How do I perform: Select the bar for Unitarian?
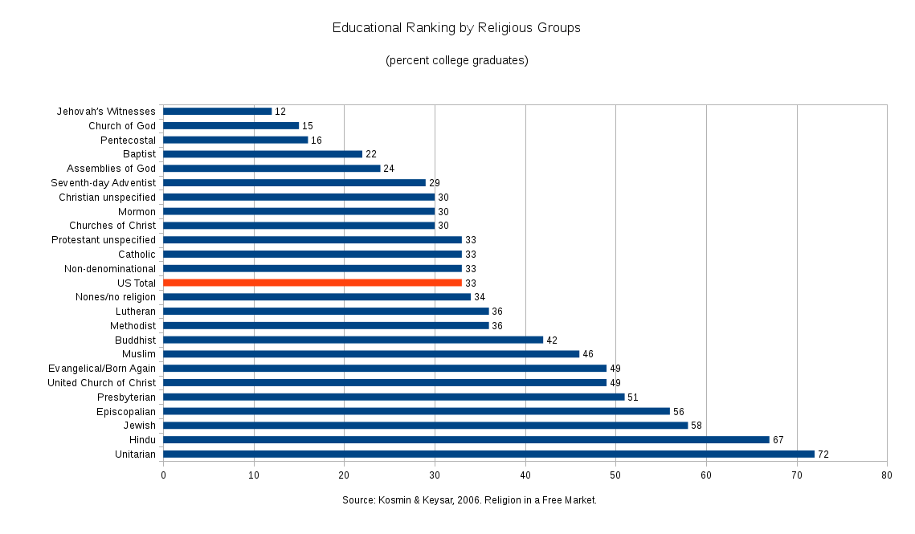click(x=488, y=455)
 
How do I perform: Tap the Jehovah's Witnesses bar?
click(x=217, y=111)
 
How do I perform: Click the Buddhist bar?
click(x=353, y=340)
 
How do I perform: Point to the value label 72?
click(x=823, y=455)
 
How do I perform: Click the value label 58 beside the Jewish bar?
click(x=696, y=426)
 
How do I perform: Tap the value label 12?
click(x=280, y=112)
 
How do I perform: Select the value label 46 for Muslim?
click(x=588, y=354)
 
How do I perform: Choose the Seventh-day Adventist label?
click(x=103, y=183)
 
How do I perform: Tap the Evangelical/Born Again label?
click(x=102, y=369)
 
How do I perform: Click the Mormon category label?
click(x=137, y=211)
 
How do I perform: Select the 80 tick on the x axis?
click(x=887, y=475)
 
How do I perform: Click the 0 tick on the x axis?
click(x=163, y=475)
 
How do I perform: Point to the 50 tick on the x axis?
click(x=615, y=475)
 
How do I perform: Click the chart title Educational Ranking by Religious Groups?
click(x=456, y=28)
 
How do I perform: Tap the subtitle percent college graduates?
click(x=456, y=60)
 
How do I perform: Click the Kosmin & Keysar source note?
click(x=469, y=500)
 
